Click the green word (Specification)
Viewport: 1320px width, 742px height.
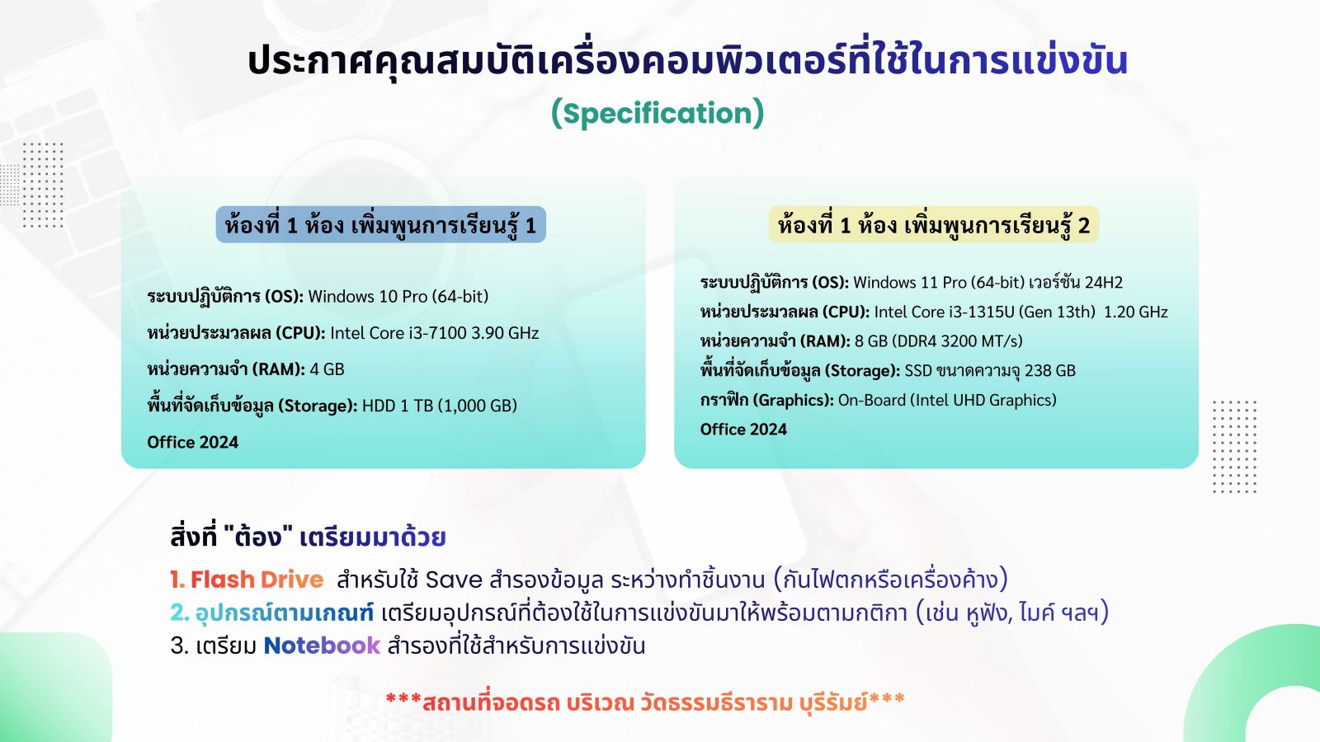pos(657,113)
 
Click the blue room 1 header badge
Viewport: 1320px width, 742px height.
pos(380,224)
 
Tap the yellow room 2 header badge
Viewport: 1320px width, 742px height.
pos(934,224)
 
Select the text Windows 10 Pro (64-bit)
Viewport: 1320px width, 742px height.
pos(398,296)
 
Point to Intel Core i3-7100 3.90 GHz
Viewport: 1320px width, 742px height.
pos(434,333)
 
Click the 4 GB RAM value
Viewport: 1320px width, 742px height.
pos(327,369)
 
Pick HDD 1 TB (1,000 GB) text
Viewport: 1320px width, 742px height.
pos(440,406)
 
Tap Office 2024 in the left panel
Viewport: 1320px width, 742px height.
pos(193,442)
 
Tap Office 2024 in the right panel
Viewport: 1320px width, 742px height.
pos(743,430)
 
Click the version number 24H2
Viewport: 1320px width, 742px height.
pos(1104,283)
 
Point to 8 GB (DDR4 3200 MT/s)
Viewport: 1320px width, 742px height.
pos(939,341)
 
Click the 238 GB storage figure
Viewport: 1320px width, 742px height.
pos(1050,370)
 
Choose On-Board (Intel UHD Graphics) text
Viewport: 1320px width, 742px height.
pos(947,400)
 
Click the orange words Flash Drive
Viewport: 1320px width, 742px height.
pos(257,580)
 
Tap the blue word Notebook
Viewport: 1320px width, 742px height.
pos(322,646)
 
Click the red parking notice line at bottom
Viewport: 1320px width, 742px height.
pos(645,702)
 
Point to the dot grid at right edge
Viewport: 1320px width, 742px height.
pos(1234,446)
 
